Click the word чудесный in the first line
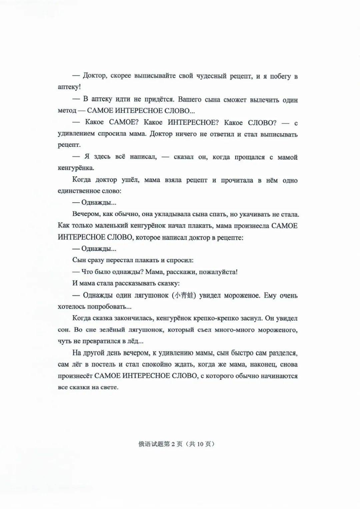210,76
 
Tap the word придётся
159,100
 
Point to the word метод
67,110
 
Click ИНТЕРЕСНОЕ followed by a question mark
193,122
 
